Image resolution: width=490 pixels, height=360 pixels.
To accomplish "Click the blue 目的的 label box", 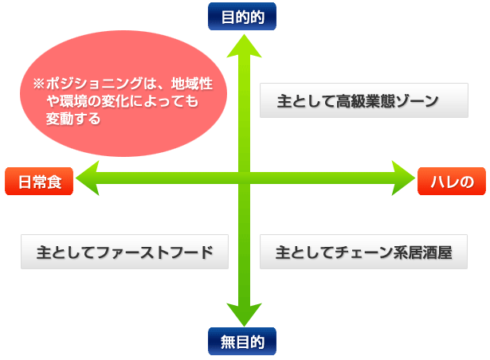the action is pyautogui.click(x=242, y=16).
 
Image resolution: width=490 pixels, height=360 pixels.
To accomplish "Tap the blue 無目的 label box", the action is pyautogui.click(x=242, y=341).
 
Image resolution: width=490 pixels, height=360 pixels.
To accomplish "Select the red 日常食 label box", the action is pyautogui.click(x=39, y=182).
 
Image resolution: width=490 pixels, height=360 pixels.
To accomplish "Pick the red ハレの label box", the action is pyautogui.click(x=452, y=182).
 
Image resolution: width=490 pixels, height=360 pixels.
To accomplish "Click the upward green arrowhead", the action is pyautogui.click(x=244, y=46).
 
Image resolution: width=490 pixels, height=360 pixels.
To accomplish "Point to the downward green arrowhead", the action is pyautogui.click(x=244, y=315).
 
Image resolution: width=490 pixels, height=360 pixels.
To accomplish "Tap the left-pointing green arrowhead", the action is pyautogui.click(x=88, y=178).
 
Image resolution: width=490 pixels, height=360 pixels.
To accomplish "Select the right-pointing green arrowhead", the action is pyautogui.click(x=403, y=178).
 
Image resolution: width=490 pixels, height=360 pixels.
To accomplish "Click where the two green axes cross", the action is pyautogui.click(x=244, y=178).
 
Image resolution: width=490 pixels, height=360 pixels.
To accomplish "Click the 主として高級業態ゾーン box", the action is pyautogui.click(x=364, y=100).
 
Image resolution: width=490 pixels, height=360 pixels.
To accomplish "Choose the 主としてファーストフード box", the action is pyautogui.click(x=124, y=252).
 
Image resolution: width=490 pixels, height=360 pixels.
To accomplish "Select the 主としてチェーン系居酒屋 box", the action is pyautogui.click(x=364, y=252).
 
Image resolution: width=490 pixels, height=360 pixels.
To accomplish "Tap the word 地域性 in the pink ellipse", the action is pyautogui.click(x=192, y=84).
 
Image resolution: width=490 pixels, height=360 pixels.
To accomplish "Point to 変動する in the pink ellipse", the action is pyautogui.click(x=73, y=119).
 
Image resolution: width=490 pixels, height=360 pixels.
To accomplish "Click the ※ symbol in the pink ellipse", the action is pyautogui.click(x=39, y=84).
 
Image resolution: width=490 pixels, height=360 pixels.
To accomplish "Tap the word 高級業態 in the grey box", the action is pyautogui.click(x=366, y=101).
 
